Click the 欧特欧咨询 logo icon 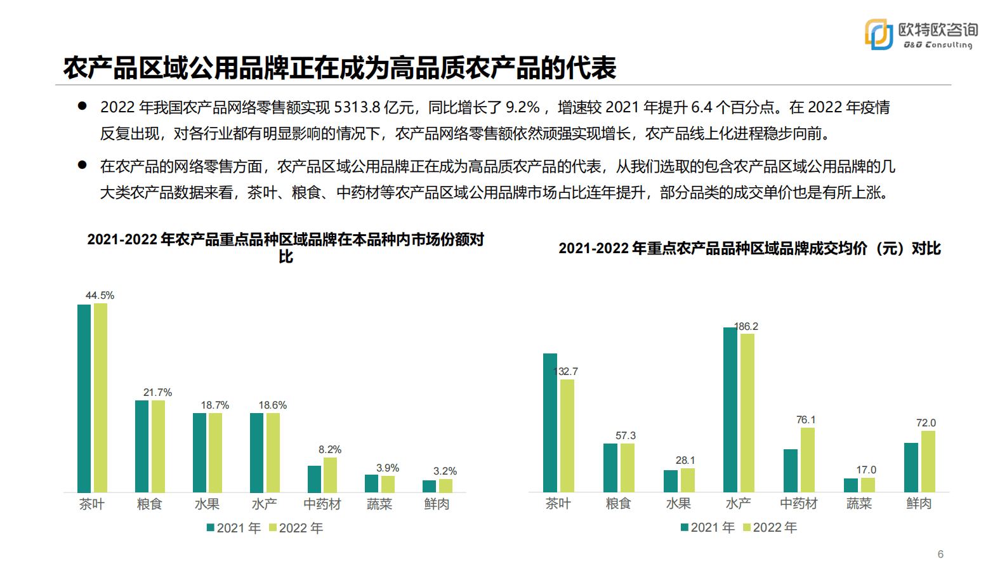coord(879,34)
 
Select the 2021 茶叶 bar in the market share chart coord(84,398)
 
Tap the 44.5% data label coord(100,296)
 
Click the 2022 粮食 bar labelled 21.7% coord(158,446)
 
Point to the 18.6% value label coord(272,405)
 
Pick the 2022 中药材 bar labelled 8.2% coord(330,475)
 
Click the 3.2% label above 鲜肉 coord(445,471)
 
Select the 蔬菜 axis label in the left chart coord(379,504)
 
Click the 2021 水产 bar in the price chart coord(730,409)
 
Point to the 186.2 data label coord(746,327)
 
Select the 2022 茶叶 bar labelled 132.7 coord(567,435)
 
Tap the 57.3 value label coord(625,436)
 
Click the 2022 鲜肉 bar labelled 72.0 coord(928,461)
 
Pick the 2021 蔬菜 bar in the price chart coord(850,485)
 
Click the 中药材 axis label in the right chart coord(798,504)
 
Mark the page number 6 coord(940,554)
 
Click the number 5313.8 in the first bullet coord(357,108)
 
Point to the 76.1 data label coord(806,420)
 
